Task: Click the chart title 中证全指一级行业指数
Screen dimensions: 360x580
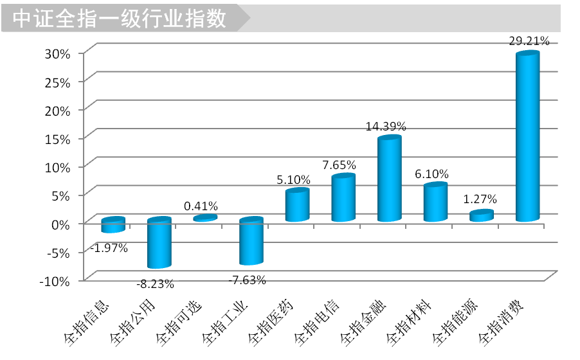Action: (x=120, y=19)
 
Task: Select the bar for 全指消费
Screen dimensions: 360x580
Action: (x=527, y=138)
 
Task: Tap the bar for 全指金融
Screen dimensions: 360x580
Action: (x=389, y=179)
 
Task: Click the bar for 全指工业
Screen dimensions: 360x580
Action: (x=251, y=242)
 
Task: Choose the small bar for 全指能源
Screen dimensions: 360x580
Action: (x=481, y=216)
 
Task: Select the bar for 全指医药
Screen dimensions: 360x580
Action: (x=297, y=205)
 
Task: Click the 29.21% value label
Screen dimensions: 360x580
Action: (x=529, y=41)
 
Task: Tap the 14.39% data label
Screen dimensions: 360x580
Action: (x=386, y=127)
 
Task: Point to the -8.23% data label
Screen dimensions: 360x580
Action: (x=155, y=283)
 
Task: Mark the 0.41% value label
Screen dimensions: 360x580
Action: (x=201, y=206)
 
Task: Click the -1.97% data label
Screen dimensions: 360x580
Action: (x=109, y=248)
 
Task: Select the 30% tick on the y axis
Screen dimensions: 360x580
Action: (x=57, y=53)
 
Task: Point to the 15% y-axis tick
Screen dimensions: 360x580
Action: (x=57, y=138)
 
